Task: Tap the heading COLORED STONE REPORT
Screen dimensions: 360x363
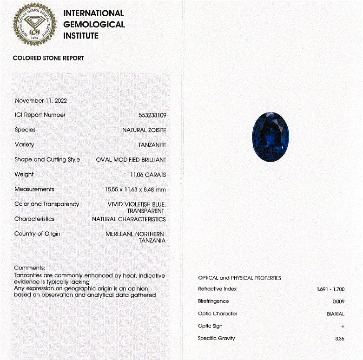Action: tap(48, 58)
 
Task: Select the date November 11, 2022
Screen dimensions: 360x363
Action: tap(41, 100)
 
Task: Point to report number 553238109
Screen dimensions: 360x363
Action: tap(152, 115)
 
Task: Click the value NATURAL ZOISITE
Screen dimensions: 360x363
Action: tap(144, 130)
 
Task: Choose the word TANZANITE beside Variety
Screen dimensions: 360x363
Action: tap(152, 145)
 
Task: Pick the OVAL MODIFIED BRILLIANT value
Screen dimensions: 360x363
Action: tap(131, 160)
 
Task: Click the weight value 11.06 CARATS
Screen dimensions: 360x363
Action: tap(148, 175)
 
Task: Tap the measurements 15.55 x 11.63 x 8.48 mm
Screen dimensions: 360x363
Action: tap(136, 190)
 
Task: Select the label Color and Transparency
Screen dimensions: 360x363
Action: tap(47, 204)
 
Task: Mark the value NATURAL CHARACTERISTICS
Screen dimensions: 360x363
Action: tap(129, 219)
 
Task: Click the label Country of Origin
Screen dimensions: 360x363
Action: tap(37, 234)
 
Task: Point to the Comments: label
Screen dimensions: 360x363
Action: tap(30, 268)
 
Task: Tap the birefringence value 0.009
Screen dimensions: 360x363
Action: tap(338, 301)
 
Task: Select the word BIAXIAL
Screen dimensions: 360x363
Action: tap(336, 314)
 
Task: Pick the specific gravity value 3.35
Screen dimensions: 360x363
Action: tap(339, 339)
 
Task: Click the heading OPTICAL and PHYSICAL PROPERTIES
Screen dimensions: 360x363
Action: tap(239, 278)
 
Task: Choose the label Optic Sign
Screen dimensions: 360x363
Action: tap(210, 326)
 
